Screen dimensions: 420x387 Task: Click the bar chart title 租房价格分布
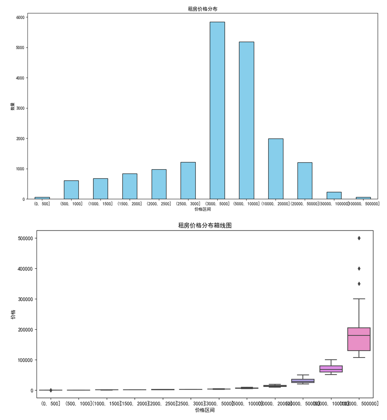[202, 9]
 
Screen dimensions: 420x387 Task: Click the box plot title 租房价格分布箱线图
[205, 225]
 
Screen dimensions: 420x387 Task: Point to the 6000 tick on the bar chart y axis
[20, 18]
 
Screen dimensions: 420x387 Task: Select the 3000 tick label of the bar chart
[20, 108]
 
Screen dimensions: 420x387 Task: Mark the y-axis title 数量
[13, 106]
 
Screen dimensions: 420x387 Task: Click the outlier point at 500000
[359, 238]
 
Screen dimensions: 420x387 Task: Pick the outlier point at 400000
[359, 269]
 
